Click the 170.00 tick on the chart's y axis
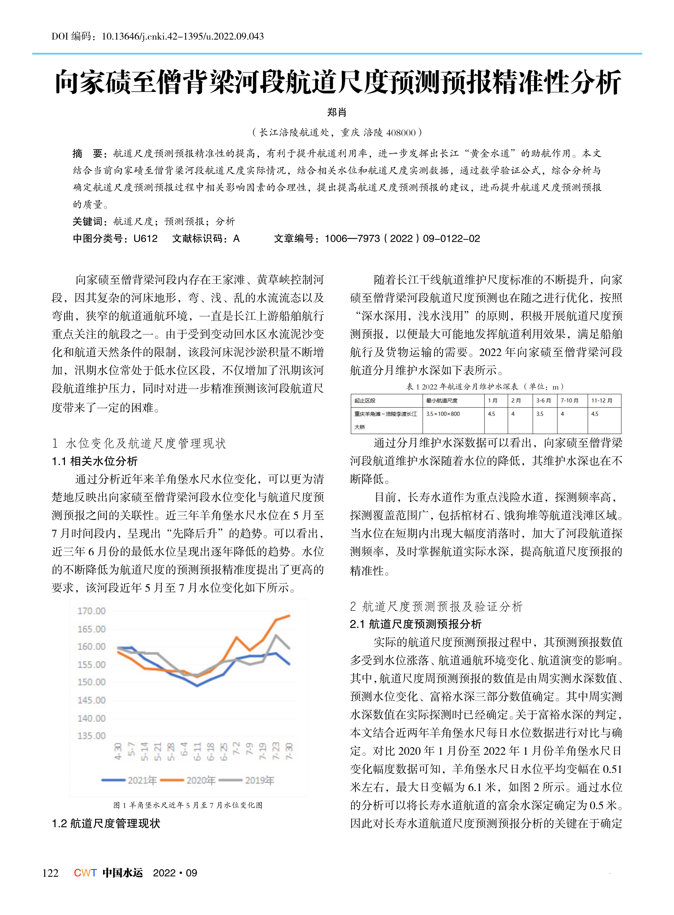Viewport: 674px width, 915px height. (91, 611)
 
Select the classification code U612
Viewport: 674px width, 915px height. (145, 238)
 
